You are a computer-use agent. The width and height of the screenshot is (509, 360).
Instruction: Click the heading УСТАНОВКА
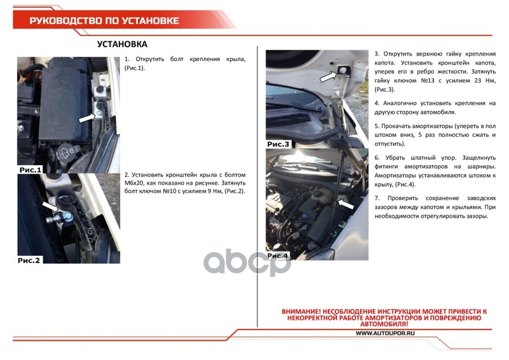pos(122,44)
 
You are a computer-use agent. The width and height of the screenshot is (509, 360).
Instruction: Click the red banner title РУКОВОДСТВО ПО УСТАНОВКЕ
pos(104,21)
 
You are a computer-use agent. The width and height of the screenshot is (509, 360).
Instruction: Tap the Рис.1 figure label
pos(31,170)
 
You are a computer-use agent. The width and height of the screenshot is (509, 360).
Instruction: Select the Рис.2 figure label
pos(29,260)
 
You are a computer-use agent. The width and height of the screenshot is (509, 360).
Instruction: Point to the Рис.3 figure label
pos(278,144)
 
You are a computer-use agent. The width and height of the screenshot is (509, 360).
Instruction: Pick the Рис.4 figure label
pos(277,256)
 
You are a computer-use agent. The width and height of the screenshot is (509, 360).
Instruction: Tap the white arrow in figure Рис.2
pos(50,207)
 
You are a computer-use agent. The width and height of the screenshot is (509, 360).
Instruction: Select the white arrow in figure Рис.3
pos(328,76)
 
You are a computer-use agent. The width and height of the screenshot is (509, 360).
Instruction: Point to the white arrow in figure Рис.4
pos(346,204)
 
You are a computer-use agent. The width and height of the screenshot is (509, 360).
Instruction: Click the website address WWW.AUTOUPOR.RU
pos(385,333)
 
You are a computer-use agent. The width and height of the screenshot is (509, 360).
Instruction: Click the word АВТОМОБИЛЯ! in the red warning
pos(384,324)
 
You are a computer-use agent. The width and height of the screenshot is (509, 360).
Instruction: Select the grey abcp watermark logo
pos(247,262)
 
